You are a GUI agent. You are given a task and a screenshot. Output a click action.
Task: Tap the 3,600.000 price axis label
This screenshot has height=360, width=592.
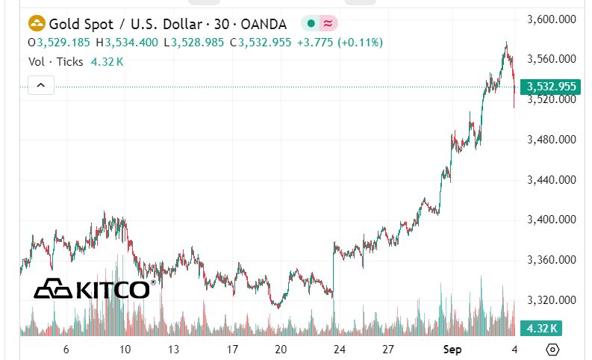[552, 19]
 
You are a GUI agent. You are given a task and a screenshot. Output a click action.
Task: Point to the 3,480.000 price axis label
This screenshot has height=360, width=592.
[552, 140]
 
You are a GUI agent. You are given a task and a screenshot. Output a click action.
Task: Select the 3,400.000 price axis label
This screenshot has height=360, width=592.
[552, 220]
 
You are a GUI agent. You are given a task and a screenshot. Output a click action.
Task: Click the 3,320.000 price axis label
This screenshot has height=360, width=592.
[552, 301]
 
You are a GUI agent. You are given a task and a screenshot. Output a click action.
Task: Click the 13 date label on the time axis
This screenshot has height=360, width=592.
[173, 350]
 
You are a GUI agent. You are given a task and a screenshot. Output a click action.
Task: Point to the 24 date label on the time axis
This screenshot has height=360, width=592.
[340, 350]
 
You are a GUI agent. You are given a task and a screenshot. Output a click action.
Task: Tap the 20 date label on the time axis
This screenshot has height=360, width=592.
[281, 350]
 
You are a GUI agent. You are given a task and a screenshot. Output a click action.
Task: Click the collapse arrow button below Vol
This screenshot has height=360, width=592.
[41, 86]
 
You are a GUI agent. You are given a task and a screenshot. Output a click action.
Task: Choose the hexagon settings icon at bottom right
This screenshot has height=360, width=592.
[552, 350]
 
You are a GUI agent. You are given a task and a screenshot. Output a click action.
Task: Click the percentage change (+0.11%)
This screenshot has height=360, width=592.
[360, 43]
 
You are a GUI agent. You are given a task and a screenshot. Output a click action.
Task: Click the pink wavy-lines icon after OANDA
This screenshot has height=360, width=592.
[328, 24]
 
